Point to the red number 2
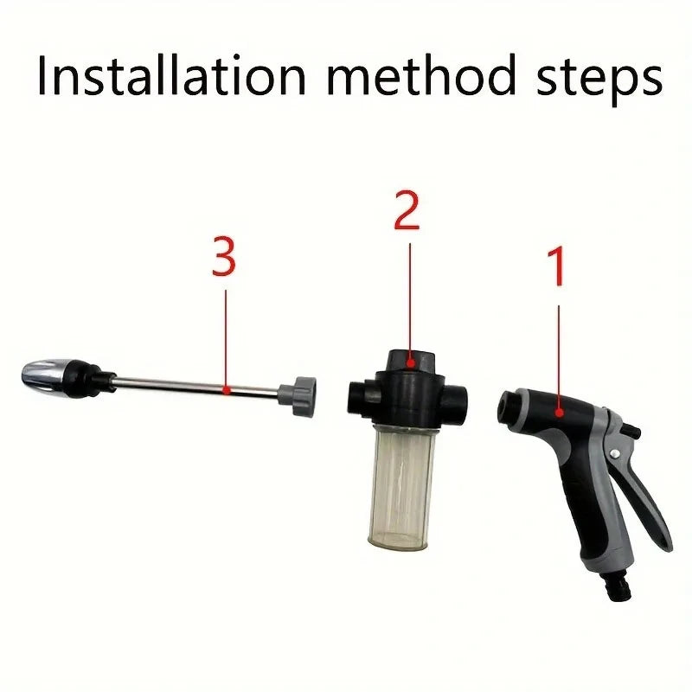pos(407,211)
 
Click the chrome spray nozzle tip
pos(48,377)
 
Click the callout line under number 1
pos(558,355)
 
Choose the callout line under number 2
pos(408,294)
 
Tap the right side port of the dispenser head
pos(458,397)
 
